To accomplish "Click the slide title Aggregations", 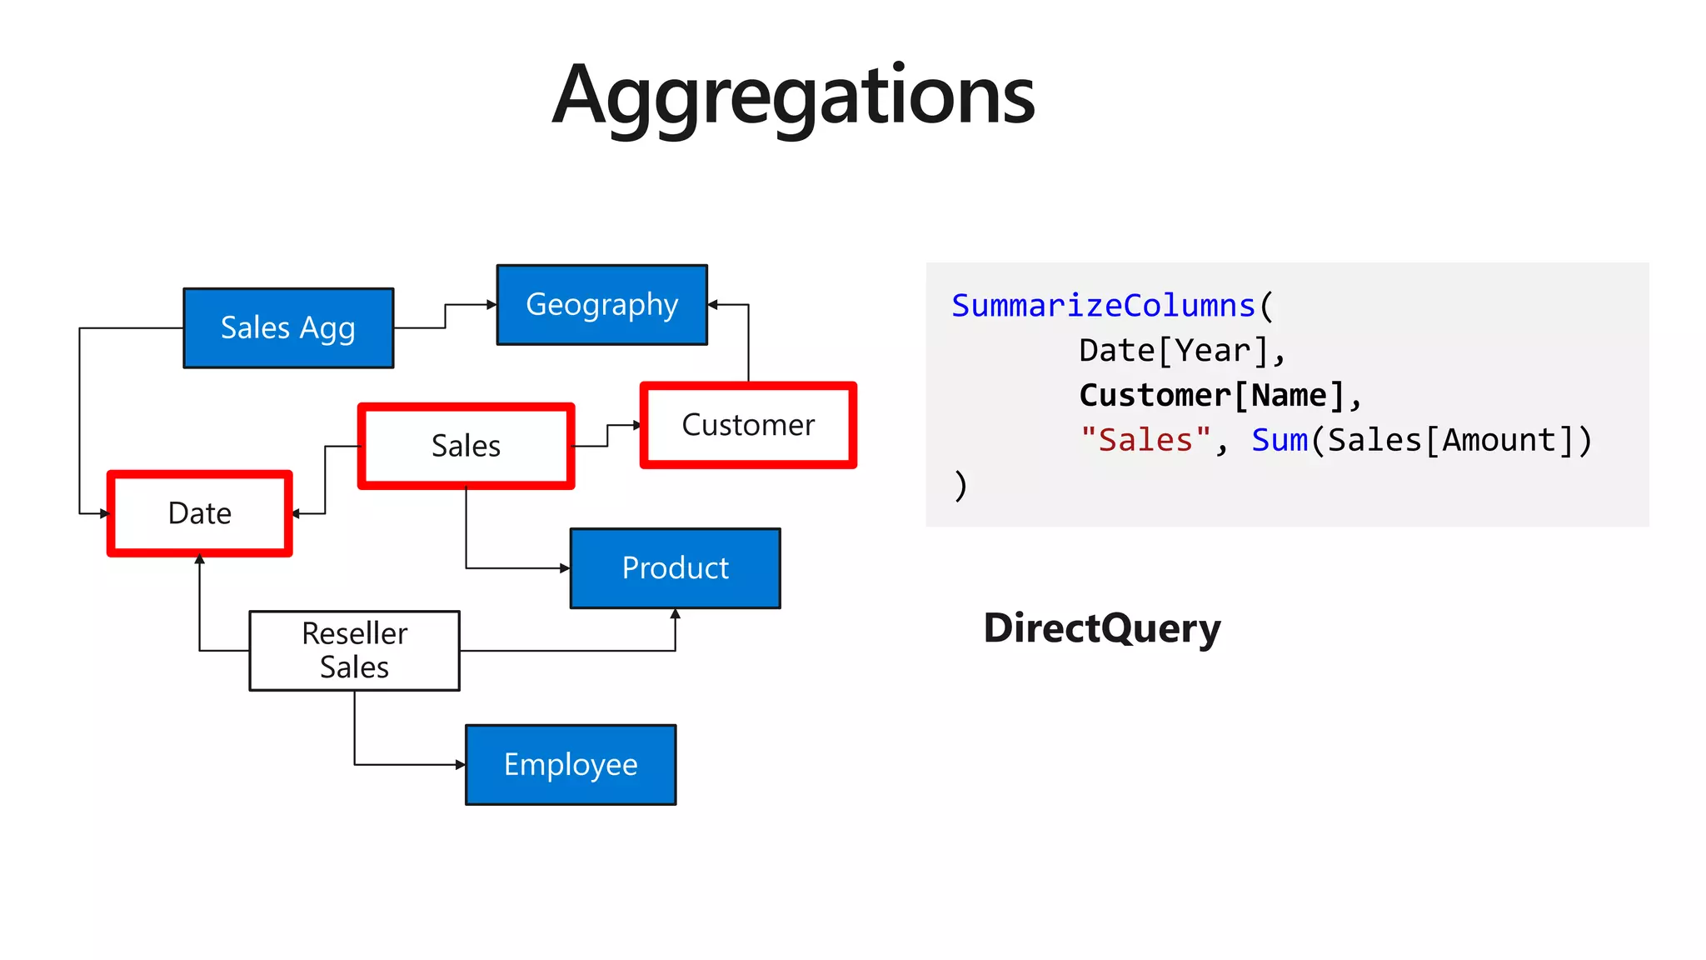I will (793, 96).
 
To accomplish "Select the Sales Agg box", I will (288, 327).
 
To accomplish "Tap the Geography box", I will (601, 304).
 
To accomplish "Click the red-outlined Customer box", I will (747, 425).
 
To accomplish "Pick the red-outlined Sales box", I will (466, 446).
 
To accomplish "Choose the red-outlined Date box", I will (200, 513).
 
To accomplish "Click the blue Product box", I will (675, 567).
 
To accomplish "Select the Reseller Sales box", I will (354, 650).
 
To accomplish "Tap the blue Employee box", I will (571, 764).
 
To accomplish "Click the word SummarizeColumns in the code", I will (1102, 306).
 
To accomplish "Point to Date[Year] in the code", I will (1173, 351).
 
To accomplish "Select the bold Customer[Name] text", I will (1212, 395).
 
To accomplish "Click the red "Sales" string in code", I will (1145, 440).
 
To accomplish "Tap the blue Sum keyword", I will (1279, 440).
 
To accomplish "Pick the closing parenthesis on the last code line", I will (960, 485).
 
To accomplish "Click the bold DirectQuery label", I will (1101, 627).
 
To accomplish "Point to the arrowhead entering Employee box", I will (461, 764).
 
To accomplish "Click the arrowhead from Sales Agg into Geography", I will (491, 305).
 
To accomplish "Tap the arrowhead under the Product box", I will (675, 614).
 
